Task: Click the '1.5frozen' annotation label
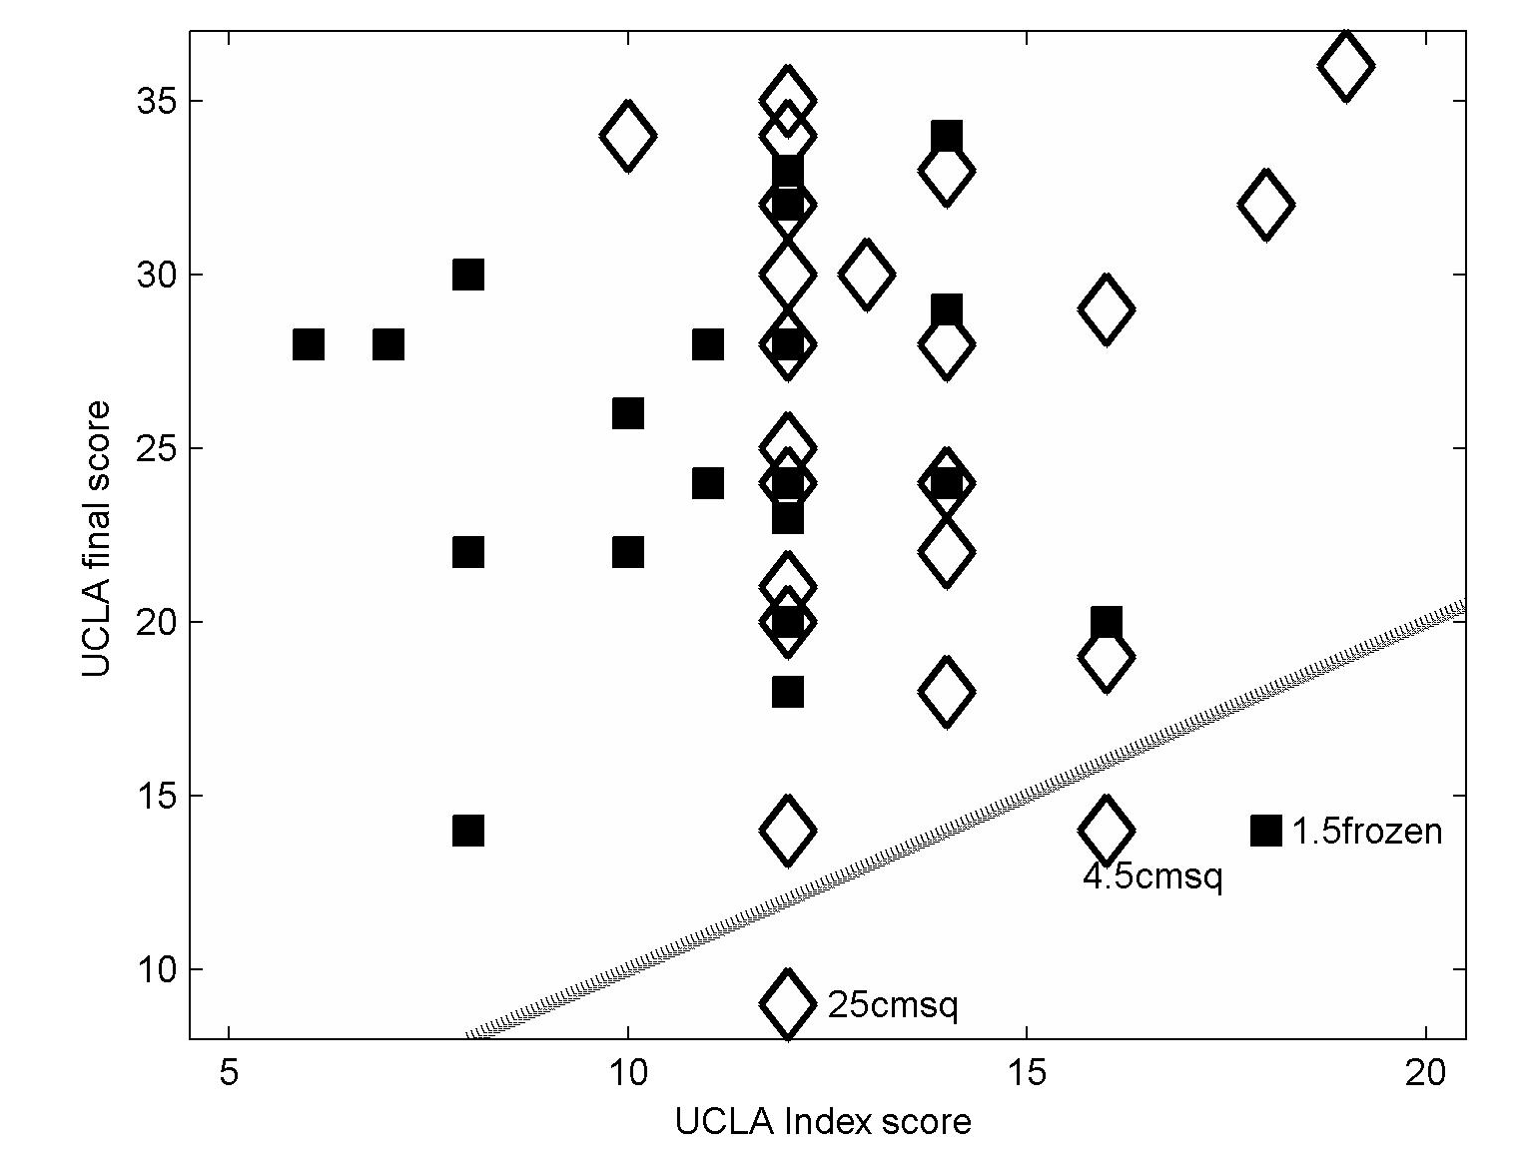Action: click(1366, 831)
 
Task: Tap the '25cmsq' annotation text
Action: click(892, 1004)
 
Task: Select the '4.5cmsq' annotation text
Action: click(1152, 876)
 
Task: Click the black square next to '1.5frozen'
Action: click(1265, 831)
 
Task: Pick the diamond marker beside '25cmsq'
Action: click(787, 1003)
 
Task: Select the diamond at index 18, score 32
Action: click(1265, 205)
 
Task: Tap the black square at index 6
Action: click(309, 344)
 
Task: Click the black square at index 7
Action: click(388, 344)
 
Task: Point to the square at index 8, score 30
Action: click(468, 275)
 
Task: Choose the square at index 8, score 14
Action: click(468, 831)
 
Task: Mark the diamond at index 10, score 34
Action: click(627, 135)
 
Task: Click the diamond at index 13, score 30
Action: click(866, 274)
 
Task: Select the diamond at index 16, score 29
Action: click(1106, 309)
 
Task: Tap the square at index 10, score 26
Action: click(627, 413)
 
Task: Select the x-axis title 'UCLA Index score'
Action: click(823, 1122)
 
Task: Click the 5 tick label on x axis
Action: click(230, 1074)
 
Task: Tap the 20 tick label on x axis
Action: click(1425, 1074)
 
